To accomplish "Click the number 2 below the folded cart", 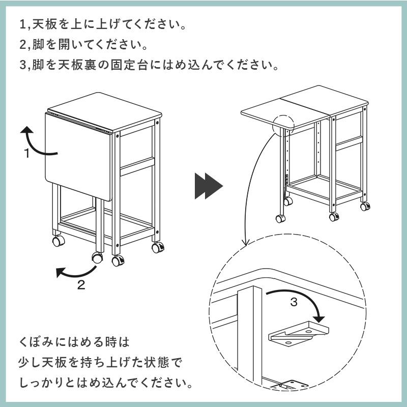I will pyautogui.click(x=81, y=285).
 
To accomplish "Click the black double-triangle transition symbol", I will pyautogui.click(x=209, y=186).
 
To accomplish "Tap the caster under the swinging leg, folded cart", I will pyautogui.click(x=97, y=257).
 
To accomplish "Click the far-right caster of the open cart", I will pyautogui.click(x=365, y=206).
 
